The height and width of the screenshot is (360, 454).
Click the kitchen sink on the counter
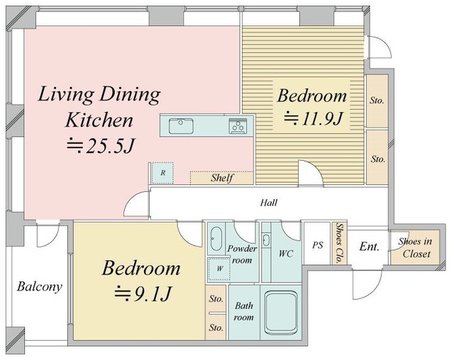click(181, 125)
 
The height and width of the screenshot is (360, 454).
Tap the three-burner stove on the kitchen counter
click(238, 126)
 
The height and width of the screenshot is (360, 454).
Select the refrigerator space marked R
click(162, 173)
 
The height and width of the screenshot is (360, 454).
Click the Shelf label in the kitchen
click(222, 178)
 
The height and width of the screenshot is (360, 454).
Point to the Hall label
click(269, 203)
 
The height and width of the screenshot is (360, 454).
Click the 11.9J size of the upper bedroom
click(314, 118)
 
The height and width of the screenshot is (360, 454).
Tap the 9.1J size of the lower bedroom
click(143, 293)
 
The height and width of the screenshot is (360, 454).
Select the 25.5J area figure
click(101, 146)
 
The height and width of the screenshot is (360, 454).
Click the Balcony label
click(40, 287)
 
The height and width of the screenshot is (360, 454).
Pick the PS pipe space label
click(318, 245)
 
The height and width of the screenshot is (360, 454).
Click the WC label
click(286, 254)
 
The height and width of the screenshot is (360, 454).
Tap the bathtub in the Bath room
click(281, 312)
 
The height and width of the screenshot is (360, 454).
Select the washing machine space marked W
click(219, 269)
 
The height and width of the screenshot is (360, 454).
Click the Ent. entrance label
click(369, 247)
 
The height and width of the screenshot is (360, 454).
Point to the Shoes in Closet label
click(415, 247)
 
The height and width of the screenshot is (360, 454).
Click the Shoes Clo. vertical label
click(339, 243)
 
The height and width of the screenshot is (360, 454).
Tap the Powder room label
click(242, 254)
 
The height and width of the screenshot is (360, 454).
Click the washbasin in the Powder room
click(216, 239)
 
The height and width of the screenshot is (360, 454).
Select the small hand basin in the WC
click(266, 240)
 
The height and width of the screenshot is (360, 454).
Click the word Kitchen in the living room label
click(99, 120)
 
